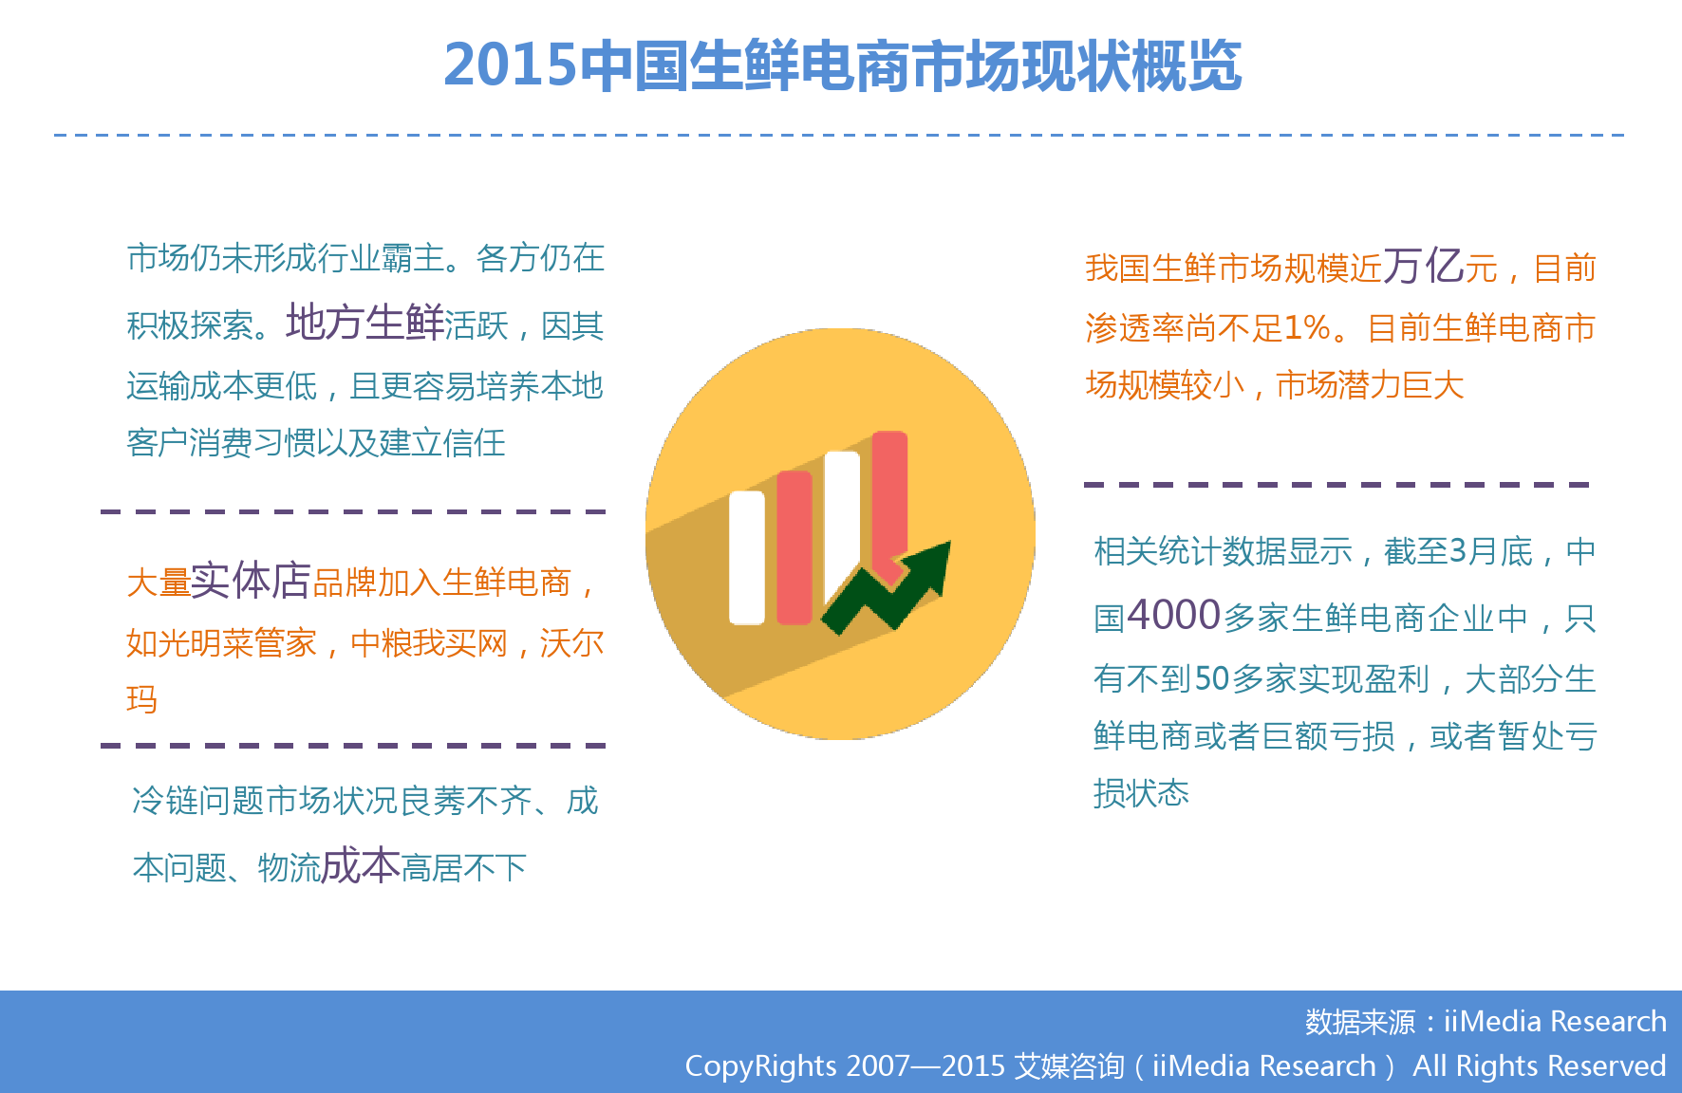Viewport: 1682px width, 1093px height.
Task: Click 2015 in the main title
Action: click(510, 65)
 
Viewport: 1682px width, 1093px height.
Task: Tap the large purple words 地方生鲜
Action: click(364, 323)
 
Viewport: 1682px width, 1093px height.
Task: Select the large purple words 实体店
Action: click(251, 580)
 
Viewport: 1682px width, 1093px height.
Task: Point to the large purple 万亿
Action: click(1423, 266)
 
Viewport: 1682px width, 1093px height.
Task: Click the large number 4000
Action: click(1174, 615)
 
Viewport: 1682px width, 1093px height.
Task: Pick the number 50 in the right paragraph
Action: click(1212, 678)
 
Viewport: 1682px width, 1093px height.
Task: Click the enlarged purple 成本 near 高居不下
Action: click(361, 865)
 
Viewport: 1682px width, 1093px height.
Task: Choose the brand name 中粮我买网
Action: click(429, 643)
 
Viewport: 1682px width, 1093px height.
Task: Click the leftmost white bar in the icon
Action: click(747, 558)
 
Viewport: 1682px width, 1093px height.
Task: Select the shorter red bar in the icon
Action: click(794, 547)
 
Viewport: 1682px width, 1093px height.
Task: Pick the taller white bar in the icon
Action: click(842, 528)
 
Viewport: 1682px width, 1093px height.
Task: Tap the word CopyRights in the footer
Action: click(761, 1065)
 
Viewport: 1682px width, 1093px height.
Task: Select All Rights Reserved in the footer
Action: click(1539, 1065)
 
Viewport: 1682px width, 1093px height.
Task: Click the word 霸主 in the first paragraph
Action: click(413, 258)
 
